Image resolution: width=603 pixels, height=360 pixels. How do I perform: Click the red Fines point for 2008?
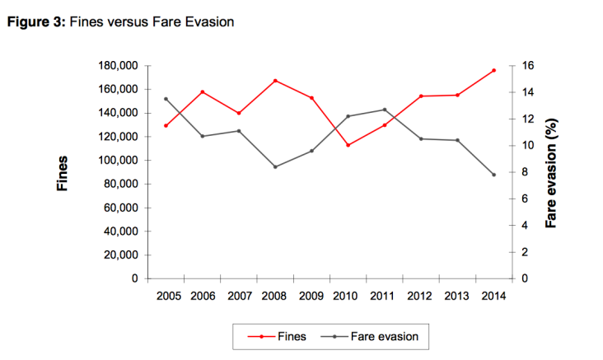275,81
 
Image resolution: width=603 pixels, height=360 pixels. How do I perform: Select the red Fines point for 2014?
493,71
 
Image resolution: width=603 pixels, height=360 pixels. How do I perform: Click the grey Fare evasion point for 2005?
166,99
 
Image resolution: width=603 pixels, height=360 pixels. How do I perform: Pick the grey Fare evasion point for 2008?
275,166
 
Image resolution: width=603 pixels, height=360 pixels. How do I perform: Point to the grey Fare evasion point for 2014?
493,175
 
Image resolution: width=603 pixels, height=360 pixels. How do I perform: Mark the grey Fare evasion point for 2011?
385,110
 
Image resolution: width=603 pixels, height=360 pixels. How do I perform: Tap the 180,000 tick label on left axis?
116,66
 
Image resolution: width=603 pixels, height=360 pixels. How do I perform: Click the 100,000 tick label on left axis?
116,161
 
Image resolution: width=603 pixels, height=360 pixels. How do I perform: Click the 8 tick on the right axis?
525,172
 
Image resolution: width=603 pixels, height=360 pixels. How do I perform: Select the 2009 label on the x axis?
311,295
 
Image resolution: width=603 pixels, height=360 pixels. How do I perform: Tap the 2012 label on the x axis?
421,295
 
